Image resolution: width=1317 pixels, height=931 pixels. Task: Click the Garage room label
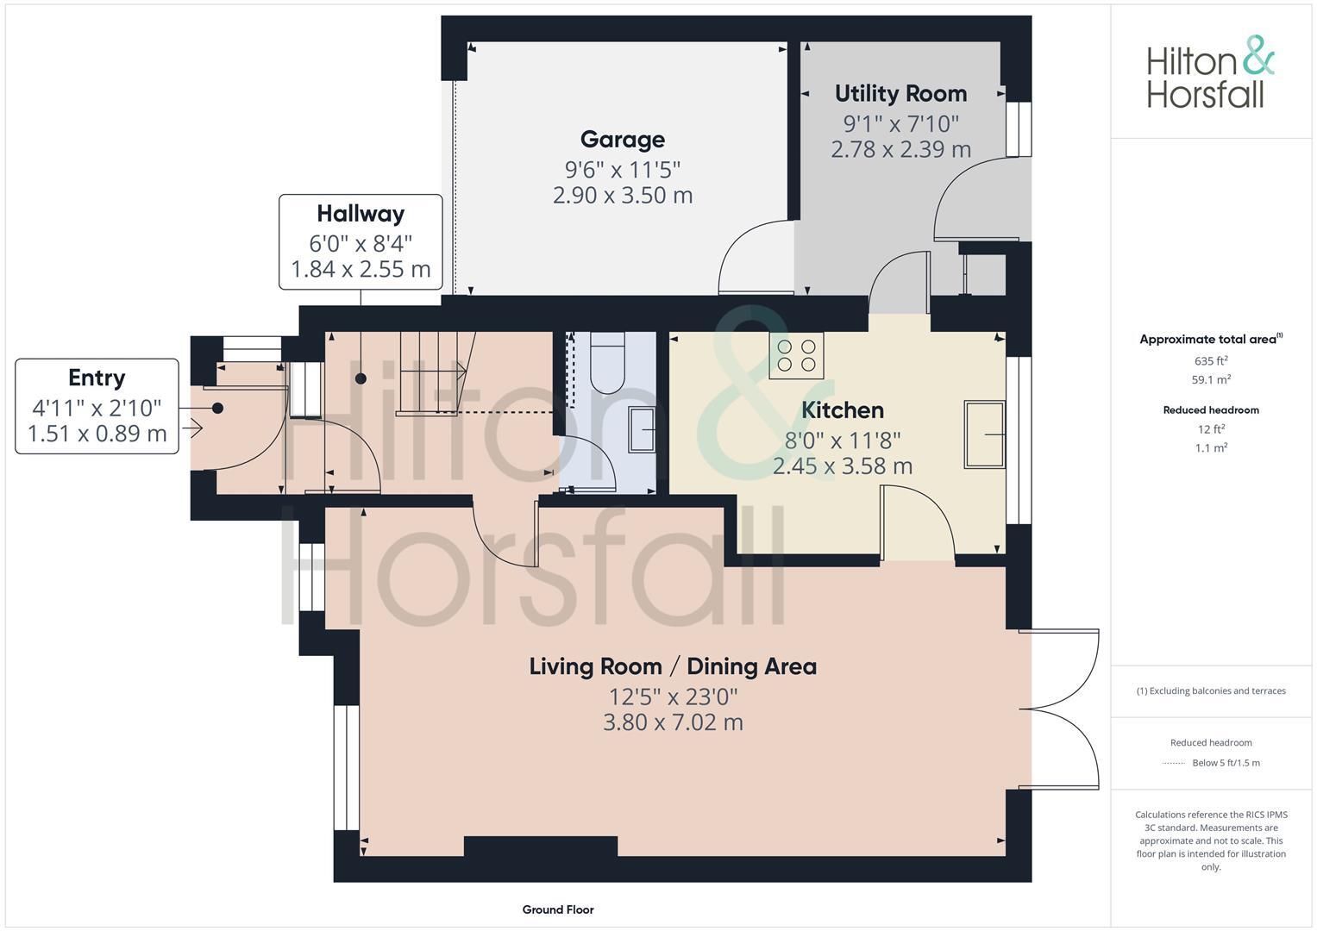click(x=622, y=140)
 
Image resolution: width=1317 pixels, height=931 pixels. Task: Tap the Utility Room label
click(x=900, y=93)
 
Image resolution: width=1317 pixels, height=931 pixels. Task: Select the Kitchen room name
click(x=842, y=410)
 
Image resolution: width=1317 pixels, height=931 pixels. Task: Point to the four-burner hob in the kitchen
click(x=797, y=356)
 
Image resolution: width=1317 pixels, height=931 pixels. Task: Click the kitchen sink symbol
click(x=984, y=434)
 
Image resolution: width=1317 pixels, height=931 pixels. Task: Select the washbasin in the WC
click(x=642, y=429)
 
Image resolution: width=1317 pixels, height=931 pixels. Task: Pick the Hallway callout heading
click(x=361, y=214)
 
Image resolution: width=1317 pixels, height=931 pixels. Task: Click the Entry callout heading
click(x=97, y=378)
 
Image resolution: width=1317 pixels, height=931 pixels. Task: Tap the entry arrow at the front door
click(x=192, y=427)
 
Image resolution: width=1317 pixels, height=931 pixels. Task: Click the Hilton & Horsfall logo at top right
click(x=1210, y=72)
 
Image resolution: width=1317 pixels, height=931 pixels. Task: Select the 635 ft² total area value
click(x=1211, y=361)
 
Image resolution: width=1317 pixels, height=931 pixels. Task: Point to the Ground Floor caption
click(x=558, y=909)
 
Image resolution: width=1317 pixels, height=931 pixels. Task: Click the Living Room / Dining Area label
click(x=673, y=666)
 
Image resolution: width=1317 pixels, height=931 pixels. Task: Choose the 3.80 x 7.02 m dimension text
click(x=673, y=722)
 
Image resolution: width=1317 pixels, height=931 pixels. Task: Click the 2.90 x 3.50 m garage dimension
click(x=622, y=196)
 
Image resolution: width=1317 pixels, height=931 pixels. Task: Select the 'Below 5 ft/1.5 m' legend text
click(x=1226, y=763)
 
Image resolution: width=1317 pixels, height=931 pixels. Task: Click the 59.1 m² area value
click(x=1211, y=380)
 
